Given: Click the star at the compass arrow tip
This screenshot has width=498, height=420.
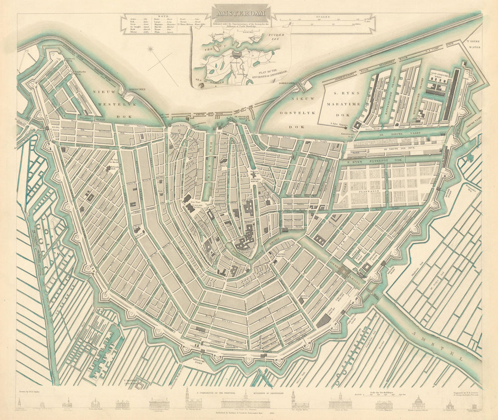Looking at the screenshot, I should [x=150, y=49].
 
